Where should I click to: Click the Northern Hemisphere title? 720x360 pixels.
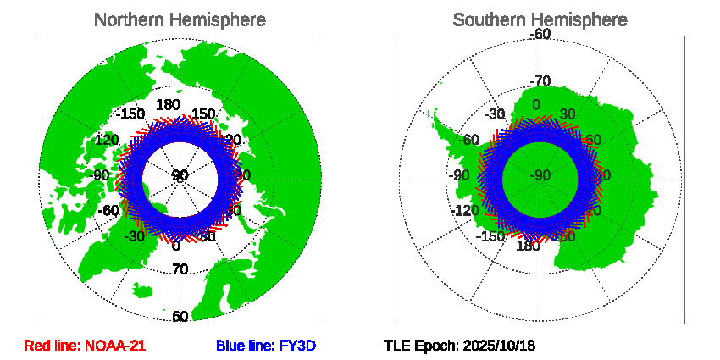coord(180,19)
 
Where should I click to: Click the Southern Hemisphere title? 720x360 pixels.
coord(540,19)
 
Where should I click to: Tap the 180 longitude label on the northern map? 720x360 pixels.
coord(169,105)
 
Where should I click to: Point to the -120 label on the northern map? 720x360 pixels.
coord(107,140)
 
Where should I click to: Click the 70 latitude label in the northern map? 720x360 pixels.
coord(180,270)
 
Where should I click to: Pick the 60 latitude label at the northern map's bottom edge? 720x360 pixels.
coord(180,317)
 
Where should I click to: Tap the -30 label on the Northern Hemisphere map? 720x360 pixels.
coord(134,236)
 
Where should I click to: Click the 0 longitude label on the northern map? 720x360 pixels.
coord(176,246)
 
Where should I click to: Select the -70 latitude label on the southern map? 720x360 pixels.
coord(540,81)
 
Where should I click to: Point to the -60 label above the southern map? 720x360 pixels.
coord(540,34)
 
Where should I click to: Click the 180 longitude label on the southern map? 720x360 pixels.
coord(528,246)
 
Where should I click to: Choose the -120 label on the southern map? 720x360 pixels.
coord(467,210)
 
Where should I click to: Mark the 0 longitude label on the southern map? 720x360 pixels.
coord(535,105)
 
